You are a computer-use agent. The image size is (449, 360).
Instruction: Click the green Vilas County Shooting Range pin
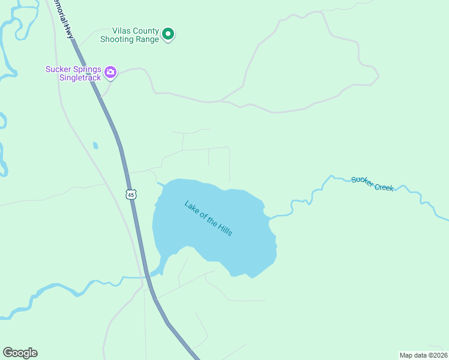click(169, 35)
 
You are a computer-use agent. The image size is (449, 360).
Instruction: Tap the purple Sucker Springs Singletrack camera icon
click(110, 73)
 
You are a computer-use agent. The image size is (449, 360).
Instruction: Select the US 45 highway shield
click(131, 194)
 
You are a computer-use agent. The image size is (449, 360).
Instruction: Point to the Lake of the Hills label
click(208, 217)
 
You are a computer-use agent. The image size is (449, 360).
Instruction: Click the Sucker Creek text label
click(372, 183)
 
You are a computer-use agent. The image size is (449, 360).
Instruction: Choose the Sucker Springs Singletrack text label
click(73, 73)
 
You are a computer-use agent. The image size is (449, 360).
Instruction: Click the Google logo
click(20, 353)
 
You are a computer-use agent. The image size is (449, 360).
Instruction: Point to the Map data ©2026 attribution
click(423, 355)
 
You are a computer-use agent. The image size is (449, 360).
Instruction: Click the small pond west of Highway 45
click(95, 145)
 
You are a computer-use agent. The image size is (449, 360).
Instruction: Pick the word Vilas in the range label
click(122, 31)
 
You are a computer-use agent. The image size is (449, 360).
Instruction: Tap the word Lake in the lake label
click(191, 206)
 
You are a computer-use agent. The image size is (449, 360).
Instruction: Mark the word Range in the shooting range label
click(147, 40)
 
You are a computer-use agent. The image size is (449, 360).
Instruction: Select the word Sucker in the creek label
click(362, 180)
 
